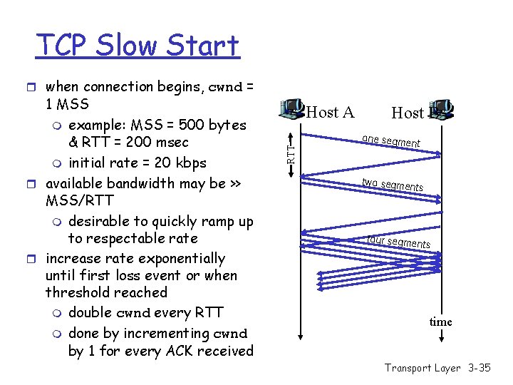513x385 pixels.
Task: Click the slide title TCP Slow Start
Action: point(138,46)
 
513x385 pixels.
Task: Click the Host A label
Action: point(330,112)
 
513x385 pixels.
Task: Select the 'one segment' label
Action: point(390,140)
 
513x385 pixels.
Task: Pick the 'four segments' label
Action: point(398,241)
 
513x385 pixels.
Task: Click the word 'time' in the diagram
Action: point(440,322)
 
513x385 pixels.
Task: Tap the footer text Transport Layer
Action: point(423,368)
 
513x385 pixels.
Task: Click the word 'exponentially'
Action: point(182,259)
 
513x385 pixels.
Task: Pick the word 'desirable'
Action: point(103,222)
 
